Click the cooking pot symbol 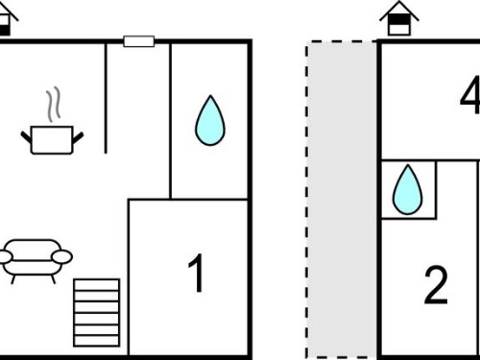[52, 140]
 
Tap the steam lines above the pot [53, 105]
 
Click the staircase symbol [97, 313]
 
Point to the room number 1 [197, 273]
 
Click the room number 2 [436, 285]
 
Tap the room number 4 [470, 95]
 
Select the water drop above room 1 [210, 121]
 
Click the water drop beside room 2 [407, 189]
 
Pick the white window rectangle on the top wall [139, 41]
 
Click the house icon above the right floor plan [399, 17]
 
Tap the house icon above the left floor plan [7, 19]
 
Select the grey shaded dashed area [342, 199]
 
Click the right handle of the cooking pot [78, 137]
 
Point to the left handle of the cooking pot [27, 137]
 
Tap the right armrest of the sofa [62, 256]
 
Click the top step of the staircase [97, 284]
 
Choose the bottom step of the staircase [97, 341]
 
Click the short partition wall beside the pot [106, 98]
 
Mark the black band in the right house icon [398, 20]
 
